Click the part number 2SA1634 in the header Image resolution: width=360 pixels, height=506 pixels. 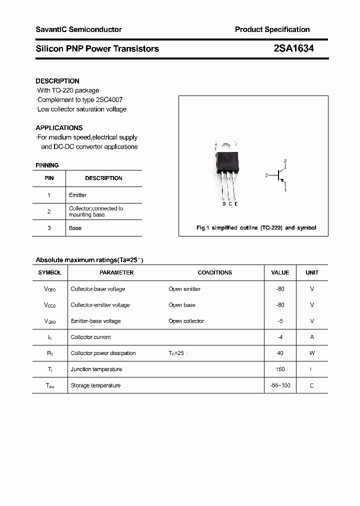tap(293, 48)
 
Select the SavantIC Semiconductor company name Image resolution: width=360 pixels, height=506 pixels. tap(78, 29)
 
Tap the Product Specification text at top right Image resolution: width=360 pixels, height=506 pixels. tap(272, 29)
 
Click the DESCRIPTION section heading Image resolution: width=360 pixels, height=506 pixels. tap(57, 81)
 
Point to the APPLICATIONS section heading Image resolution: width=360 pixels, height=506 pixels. tap(59, 127)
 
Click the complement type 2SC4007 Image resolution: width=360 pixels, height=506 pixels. tap(110, 99)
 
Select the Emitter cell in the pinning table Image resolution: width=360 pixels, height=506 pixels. tap(78, 195)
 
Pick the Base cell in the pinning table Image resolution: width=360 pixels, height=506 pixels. tap(75, 228)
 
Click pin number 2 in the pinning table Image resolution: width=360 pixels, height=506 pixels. tap(49, 211)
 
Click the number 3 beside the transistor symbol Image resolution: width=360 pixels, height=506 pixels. tap(267, 175)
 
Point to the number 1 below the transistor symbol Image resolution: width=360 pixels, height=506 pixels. tap(285, 190)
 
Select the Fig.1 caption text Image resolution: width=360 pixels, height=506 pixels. tap(255, 228)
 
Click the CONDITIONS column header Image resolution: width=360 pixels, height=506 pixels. tap(215, 272)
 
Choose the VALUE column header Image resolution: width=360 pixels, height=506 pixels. tap(280, 272)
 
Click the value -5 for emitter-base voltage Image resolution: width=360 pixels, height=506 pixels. tap(280, 321)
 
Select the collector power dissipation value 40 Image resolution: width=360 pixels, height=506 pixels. tap(280, 353)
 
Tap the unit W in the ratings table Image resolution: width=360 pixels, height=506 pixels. tap(312, 353)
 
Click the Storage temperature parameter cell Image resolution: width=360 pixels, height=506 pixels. tap(95, 385)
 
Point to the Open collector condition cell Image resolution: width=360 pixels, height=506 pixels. tap(186, 321)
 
